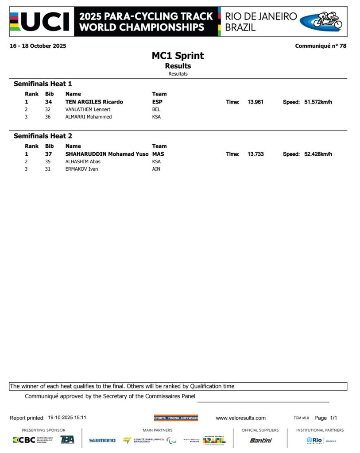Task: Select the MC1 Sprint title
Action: pos(178,56)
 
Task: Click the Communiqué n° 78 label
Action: pos(321,46)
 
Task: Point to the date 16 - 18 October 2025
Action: pos(38,46)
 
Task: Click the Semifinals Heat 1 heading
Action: pos(43,84)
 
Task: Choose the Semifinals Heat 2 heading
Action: pos(43,136)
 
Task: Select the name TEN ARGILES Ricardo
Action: pos(94,102)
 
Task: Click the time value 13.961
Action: pos(255,102)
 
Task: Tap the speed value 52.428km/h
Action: pos(318,154)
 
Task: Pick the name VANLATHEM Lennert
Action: pos(88,109)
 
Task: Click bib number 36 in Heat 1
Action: pos(48,117)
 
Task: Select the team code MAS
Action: pos(158,154)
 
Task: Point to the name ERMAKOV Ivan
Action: pos(81,169)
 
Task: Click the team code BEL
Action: pos(156,109)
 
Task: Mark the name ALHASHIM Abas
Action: pos(83,161)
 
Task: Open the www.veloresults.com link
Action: pos(240,418)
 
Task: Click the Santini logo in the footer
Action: pos(261,440)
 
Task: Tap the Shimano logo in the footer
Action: pos(102,440)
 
